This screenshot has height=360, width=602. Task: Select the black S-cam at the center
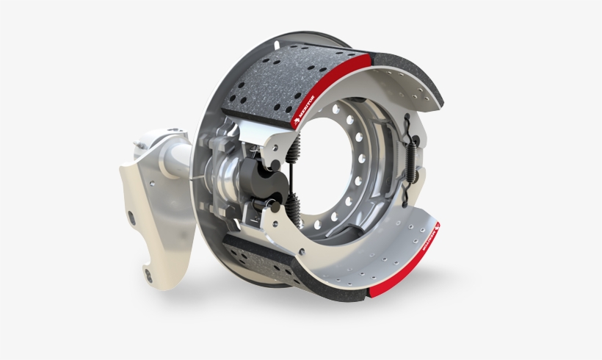coord(258,181)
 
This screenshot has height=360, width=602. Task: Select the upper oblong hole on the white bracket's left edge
coord(132,217)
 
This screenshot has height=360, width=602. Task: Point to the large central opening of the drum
coord(330,176)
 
